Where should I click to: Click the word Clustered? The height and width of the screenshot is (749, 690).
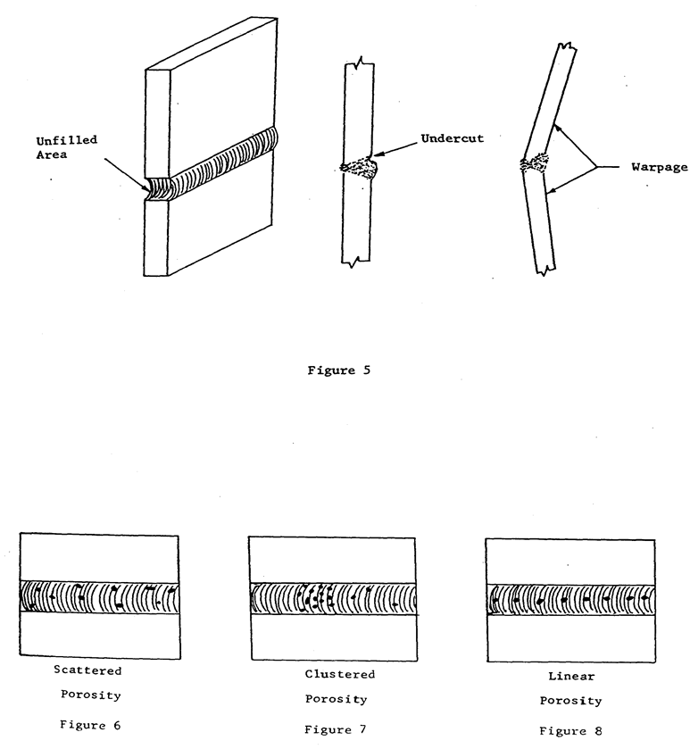point(340,674)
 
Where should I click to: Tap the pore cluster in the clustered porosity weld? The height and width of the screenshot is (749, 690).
point(317,597)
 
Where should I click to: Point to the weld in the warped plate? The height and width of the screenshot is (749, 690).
point(537,163)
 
